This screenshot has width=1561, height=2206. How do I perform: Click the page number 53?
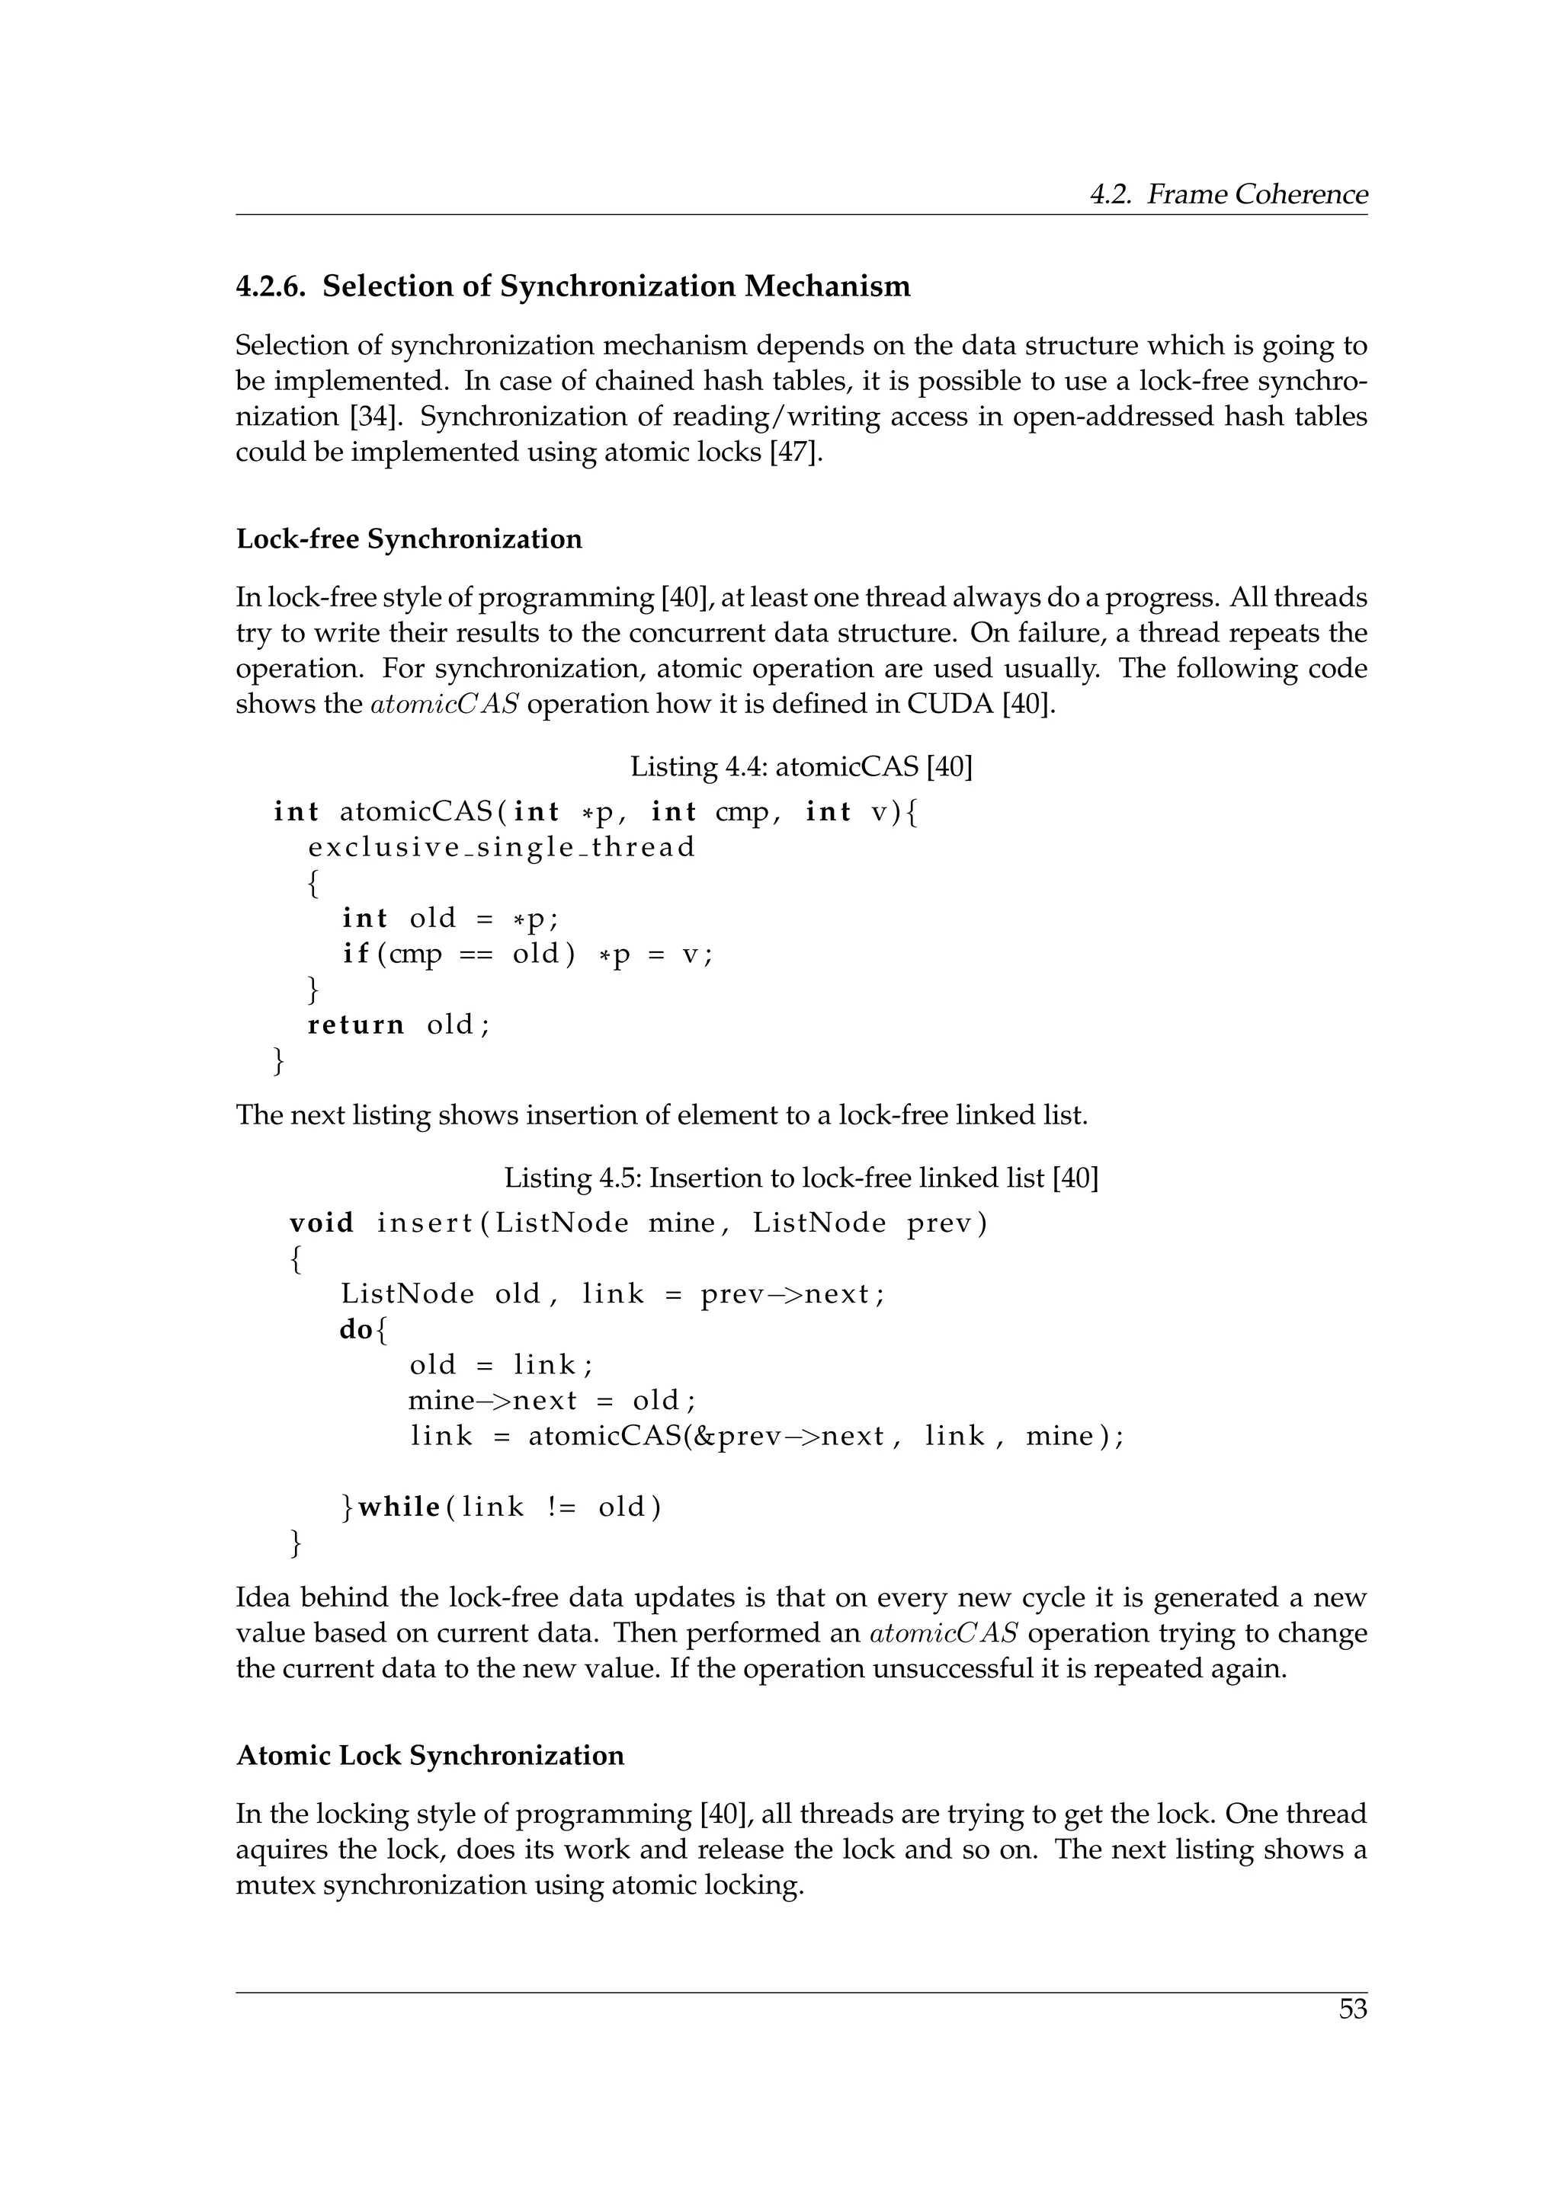click(1351, 2009)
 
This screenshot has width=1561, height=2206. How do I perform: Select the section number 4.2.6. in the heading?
click(270, 286)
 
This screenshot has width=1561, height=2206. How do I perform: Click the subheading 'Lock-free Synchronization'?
click(409, 539)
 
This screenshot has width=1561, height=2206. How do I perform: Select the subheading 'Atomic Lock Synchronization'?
click(430, 1755)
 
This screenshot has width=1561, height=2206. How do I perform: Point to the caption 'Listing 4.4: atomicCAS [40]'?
click(800, 767)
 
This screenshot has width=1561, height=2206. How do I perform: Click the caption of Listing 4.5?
click(800, 1178)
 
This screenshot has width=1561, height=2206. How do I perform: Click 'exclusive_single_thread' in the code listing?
click(501, 847)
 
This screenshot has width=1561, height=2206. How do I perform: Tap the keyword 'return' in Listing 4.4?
click(356, 1025)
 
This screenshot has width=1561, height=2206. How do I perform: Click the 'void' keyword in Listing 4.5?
click(321, 1223)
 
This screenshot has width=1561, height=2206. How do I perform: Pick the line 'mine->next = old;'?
click(552, 1401)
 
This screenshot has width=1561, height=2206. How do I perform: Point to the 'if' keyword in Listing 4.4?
click(354, 954)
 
